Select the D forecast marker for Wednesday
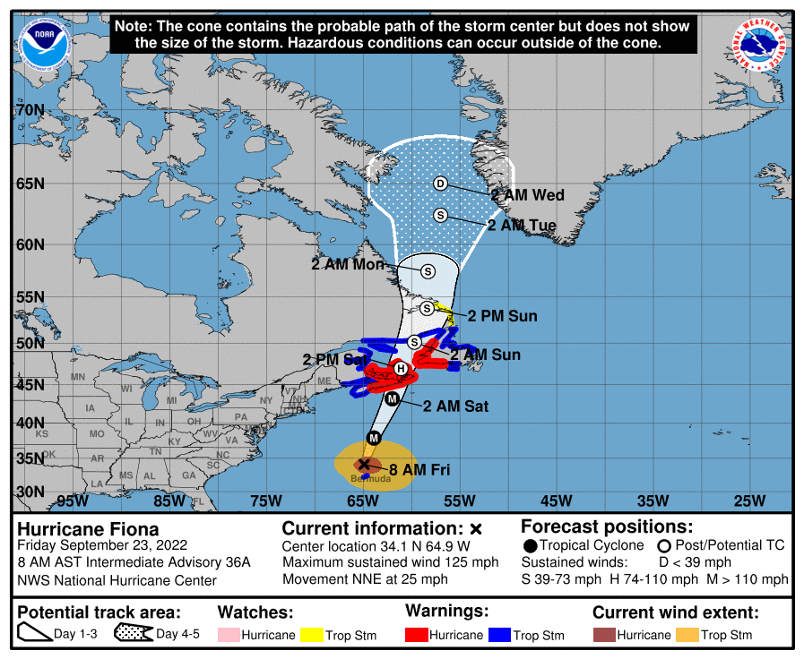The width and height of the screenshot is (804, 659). pos(440,184)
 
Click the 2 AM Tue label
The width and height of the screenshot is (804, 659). pos(522,226)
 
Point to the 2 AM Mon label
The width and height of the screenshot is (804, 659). pos(348,264)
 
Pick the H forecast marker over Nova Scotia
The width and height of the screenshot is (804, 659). pos(401,368)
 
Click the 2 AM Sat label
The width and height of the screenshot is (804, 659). pos(455,406)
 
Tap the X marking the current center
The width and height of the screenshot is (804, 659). pos(363,464)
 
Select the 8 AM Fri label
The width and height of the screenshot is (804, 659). pos(419,469)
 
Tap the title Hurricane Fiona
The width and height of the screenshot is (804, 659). pos(88,529)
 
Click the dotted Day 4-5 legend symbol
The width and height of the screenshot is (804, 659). pos(131,635)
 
